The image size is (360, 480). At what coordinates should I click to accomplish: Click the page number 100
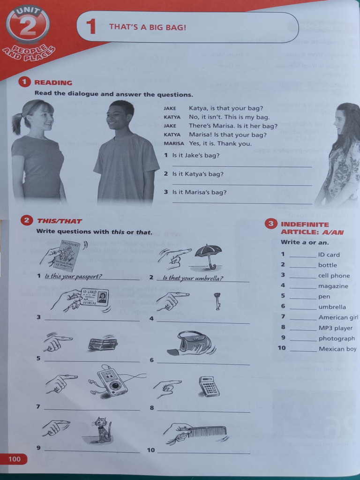tap(15, 459)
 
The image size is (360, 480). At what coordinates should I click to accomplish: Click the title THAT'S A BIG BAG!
tap(148, 27)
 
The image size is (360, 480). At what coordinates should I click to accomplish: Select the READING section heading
tap(53, 82)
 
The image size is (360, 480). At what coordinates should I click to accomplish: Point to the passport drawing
tap(66, 255)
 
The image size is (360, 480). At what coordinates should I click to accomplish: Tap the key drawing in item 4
tap(217, 300)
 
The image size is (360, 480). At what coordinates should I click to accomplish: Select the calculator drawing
tap(209, 386)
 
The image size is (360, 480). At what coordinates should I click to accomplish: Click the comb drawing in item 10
tap(209, 430)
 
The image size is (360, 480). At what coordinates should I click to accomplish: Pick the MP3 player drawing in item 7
tap(112, 381)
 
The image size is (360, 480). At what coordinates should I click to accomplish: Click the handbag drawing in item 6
tap(194, 342)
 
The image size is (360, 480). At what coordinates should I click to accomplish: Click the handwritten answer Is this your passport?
tap(73, 276)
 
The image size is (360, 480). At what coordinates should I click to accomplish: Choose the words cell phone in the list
tap(334, 276)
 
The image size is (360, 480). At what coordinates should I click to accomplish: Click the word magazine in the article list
tap(333, 286)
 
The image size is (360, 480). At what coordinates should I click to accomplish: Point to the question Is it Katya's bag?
tap(197, 174)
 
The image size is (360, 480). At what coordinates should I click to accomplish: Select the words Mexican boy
tap(337, 349)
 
